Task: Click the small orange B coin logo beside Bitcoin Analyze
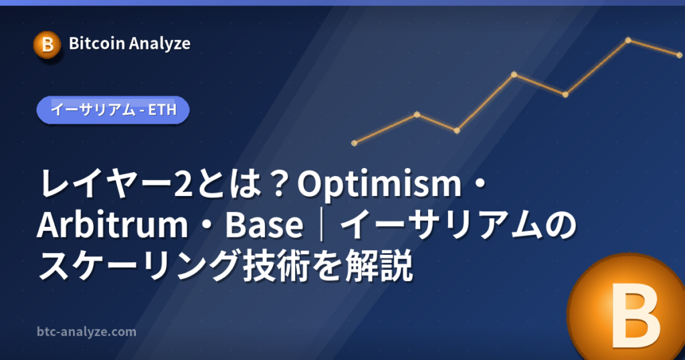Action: pos(47,45)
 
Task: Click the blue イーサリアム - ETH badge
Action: pos(112,110)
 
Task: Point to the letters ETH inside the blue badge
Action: pos(163,110)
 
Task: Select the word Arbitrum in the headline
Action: pos(112,225)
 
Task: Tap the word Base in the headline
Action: pos(264,225)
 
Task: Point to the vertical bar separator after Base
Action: pos(322,226)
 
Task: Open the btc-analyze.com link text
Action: pos(86,332)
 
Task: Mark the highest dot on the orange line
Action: pos(628,40)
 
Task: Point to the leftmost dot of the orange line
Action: pos(355,143)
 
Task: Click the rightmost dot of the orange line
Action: pos(680,55)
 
